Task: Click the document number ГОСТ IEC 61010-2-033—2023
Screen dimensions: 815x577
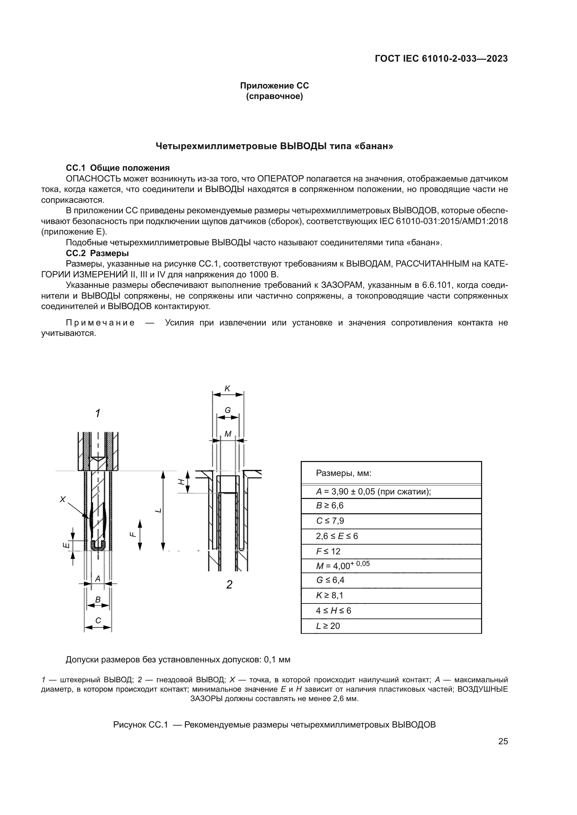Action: [x=441, y=59]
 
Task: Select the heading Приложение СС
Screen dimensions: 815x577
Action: [x=274, y=86]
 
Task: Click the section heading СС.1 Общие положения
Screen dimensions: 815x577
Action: [x=118, y=168]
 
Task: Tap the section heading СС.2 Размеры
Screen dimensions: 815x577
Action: [x=97, y=253]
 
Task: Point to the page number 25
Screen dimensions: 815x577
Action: [x=503, y=741]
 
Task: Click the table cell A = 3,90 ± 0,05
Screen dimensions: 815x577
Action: [x=373, y=492]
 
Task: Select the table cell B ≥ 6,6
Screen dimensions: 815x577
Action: [x=330, y=506]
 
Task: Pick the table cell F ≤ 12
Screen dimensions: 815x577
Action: [x=328, y=551]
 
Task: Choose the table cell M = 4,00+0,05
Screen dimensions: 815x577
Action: [x=343, y=566]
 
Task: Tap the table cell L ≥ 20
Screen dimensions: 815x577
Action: [x=328, y=626]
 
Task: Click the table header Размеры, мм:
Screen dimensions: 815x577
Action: [x=344, y=473]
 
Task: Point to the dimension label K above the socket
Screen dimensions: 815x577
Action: [x=227, y=389]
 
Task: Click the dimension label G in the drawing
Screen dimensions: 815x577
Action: [x=228, y=410]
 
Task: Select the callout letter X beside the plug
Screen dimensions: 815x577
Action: [x=62, y=499]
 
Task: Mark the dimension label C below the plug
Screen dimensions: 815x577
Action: [x=98, y=621]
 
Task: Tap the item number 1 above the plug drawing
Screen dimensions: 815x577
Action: [x=98, y=413]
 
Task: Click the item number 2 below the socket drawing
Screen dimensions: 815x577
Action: [x=229, y=585]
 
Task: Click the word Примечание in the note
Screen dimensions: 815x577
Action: [x=100, y=323]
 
